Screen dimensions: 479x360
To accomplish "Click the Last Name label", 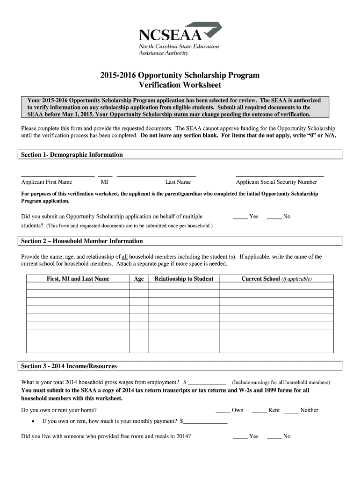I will click(178, 182).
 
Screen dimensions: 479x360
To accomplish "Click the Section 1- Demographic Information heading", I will click(72, 155).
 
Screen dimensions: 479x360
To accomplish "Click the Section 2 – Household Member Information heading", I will click(82, 241).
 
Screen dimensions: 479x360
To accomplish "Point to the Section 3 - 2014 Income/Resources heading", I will click(69, 366).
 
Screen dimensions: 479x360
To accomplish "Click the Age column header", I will click(139, 279).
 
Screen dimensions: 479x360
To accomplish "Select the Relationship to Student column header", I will click(184, 279).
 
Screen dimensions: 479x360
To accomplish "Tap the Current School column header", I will click(276, 279).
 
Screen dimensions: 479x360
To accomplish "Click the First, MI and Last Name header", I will click(78, 279).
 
